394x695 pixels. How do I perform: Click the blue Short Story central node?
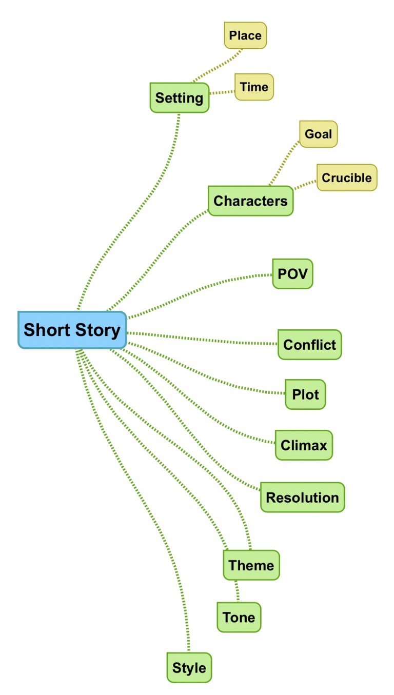click(72, 330)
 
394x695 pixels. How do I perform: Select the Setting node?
click(179, 97)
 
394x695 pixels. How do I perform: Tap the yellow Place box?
click(245, 35)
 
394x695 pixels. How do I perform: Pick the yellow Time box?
click(254, 87)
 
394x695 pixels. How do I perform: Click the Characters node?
click(250, 201)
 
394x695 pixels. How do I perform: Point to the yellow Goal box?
click(318, 134)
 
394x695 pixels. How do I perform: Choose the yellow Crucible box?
click(346, 177)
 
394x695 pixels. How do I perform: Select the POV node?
click(292, 273)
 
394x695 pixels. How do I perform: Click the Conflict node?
click(309, 344)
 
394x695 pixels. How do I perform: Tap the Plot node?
click(305, 394)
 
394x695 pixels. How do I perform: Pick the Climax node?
click(304, 445)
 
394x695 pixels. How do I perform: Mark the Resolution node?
click(302, 497)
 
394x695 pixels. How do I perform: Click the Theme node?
click(251, 565)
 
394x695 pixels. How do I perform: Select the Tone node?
click(239, 617)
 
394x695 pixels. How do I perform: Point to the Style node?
click(189, 668)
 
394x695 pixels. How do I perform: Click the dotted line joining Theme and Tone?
click(237, 591)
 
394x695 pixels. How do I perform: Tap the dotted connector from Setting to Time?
click(222, 92)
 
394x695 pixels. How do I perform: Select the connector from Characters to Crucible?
click(305, 184)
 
